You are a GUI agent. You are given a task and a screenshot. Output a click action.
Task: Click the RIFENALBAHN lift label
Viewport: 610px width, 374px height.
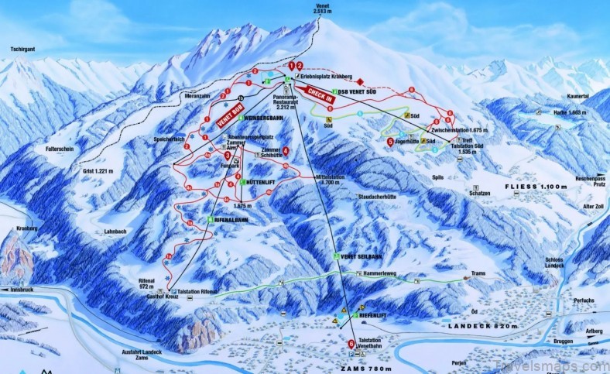[231, 220]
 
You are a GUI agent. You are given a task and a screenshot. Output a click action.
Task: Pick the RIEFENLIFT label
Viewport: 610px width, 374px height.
[374, 316]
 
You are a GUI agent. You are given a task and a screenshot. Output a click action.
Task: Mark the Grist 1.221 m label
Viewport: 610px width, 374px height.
[98, 170]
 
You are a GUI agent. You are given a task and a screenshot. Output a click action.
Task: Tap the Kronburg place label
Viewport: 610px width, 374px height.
[25, 230]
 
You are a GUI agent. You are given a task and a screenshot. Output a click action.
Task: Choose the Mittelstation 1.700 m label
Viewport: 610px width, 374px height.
[313, 180]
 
